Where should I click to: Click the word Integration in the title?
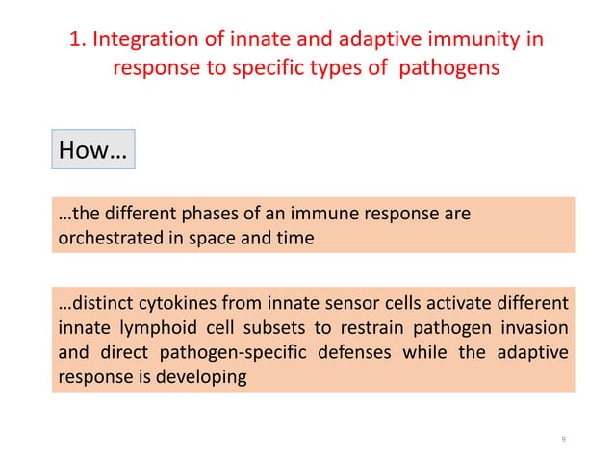coord(141,41)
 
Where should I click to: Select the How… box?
coord(92,150)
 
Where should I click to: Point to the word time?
coord(294,238)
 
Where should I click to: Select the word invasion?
coord(534,328)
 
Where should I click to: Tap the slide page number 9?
coord(563,440)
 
